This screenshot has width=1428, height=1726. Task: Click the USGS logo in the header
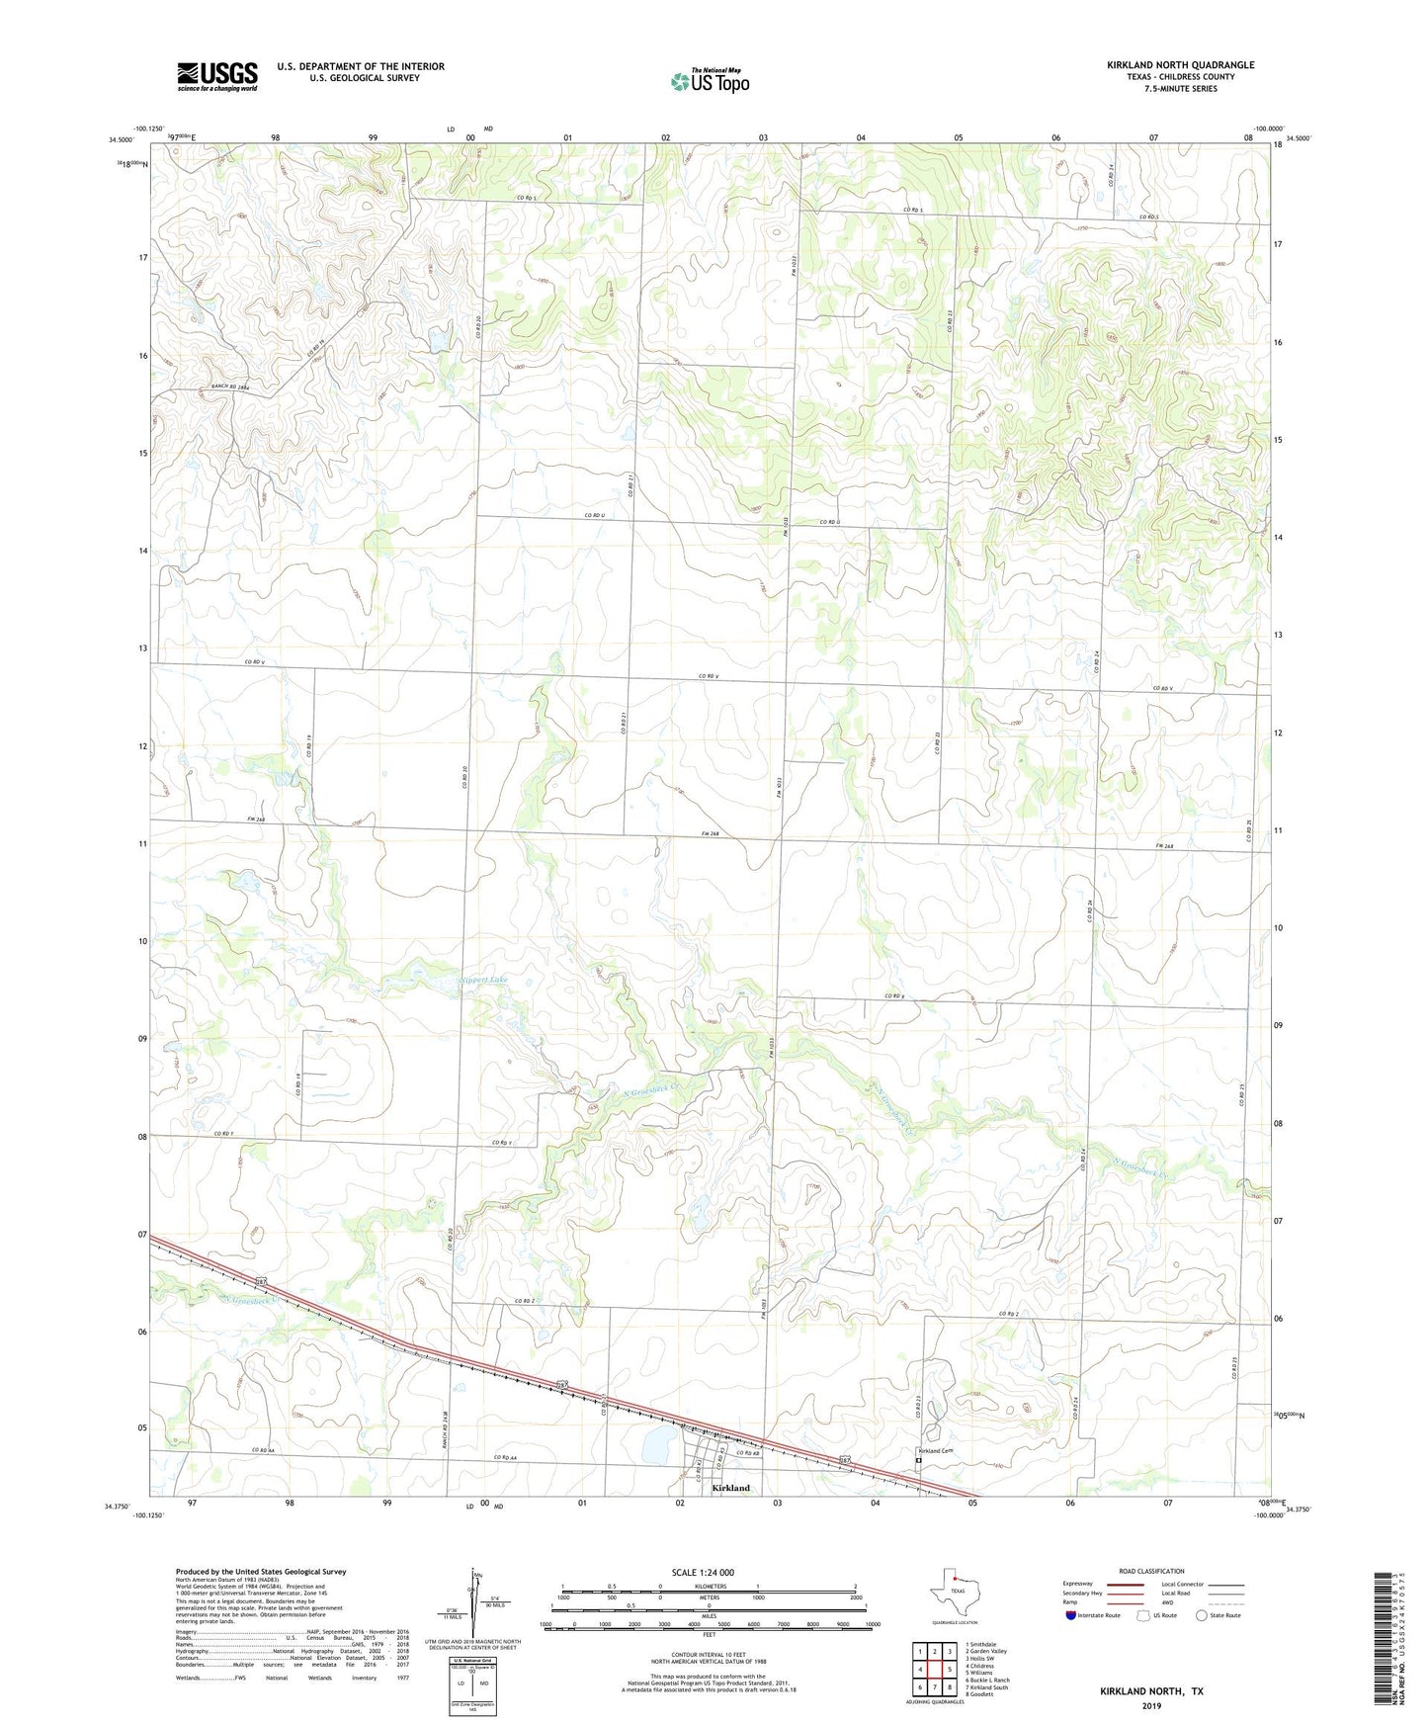point(216,76)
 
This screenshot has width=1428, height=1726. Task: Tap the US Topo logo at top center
point(709,81)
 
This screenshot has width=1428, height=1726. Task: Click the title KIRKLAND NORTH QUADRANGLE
point(1180,65)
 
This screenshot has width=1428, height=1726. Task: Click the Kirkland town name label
point(730,1488)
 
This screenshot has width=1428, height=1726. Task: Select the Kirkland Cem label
point(933,1450)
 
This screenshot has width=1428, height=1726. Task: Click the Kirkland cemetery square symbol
point(918,1460)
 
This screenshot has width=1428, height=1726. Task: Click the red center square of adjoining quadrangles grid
point(934,1670)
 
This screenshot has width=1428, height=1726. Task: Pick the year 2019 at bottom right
point(1151,1705)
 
